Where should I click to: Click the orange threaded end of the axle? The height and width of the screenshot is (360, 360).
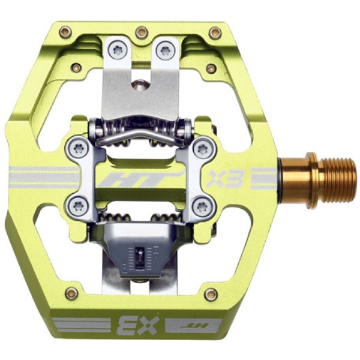pyautogui.click(x=340, y=178)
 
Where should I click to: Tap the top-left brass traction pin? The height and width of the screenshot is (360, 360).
pyautogui.click(x=65, y=32)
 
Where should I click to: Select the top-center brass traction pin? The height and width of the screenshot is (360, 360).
pyautogui.click(x=142, y=33)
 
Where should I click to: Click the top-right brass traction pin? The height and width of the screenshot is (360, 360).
pyautogui.click(x=215, y=33)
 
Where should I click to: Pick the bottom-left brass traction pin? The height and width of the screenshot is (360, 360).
pyautogui.click(x=71, y=293)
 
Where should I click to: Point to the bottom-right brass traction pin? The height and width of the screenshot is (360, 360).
pyautogui.click(x=211, y=295)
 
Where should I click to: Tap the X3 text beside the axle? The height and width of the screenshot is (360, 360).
pyautogui.click(x=225, y=178)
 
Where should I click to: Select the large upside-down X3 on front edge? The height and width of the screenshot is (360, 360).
pyautogui.click(x=138, y=325)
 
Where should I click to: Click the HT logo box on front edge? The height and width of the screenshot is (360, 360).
pyautogui.click(x=194, y=325)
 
